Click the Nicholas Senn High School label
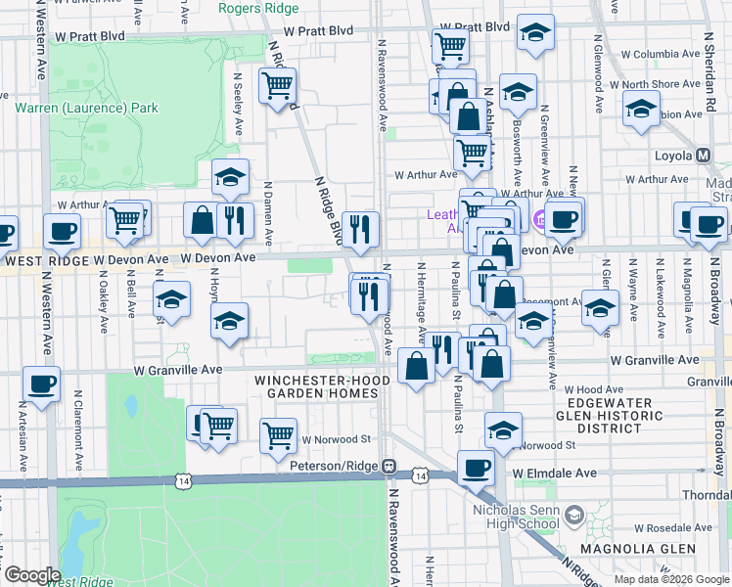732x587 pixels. click(x=520, y=515)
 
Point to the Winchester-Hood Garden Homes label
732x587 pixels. click(x=316, y=386)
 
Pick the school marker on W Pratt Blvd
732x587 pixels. click(x=535, y=33)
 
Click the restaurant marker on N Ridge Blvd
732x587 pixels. click(x=360, y=229)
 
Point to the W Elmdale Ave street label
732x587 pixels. click(x=555, y=474)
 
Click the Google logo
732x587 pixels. click(x=31, y=574)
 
